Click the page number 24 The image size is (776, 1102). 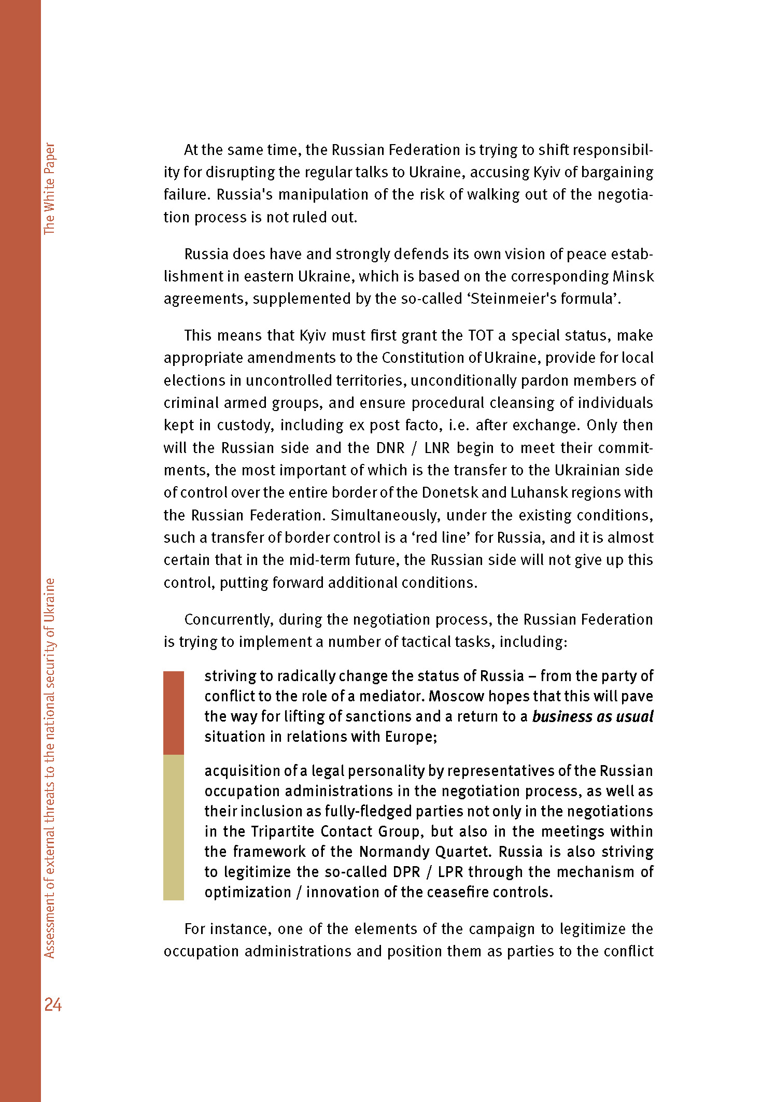tap(53, 1005)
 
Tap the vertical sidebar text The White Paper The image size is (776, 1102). tap(49, 189)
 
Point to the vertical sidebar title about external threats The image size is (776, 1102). tap(49, 768)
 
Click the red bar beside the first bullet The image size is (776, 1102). tap(173, 713)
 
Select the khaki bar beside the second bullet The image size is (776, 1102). tap(173, 827)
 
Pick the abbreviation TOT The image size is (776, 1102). tap(481, 336)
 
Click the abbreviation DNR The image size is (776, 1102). tap(390, 448)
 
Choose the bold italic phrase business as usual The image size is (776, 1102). tap(592, 717)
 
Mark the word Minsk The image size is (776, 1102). tap(633, 277)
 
